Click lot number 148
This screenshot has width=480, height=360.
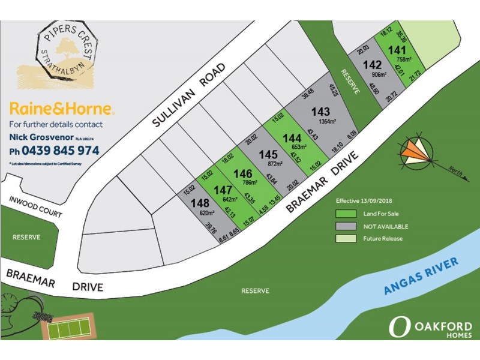point(199,203)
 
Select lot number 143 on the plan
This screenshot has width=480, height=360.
point(320,112)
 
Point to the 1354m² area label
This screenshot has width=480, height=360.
point(321,121)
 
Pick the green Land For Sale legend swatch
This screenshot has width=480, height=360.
point(345,213)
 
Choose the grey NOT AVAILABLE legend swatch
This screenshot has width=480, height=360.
point(345,226)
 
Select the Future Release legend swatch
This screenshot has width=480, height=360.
point(345,239)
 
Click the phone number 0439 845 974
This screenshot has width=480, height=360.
point(54,151)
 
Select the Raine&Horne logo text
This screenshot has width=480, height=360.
point(62,109)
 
